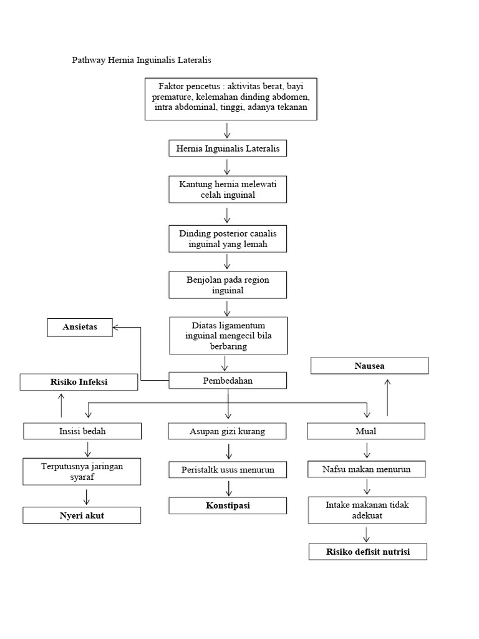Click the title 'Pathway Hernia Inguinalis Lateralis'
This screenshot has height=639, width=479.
tap(142, 61)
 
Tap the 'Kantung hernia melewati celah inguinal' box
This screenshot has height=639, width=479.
tap(228, 189)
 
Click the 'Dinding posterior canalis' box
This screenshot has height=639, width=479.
tap(228, 238)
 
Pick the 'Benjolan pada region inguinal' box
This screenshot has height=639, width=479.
tap(228, 285)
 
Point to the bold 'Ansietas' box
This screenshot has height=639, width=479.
tap(80, 327)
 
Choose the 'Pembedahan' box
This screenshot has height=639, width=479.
tap(228, 381)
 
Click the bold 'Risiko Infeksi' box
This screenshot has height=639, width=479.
tap(79, 382)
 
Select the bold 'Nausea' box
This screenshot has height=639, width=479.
tap(369, 366)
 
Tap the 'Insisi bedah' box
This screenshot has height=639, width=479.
tap(82, 431)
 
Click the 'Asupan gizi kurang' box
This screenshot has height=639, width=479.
tap(228, 431)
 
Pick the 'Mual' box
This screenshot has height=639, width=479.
tap(366, 431)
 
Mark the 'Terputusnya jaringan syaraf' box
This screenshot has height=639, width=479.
tap(82, 471)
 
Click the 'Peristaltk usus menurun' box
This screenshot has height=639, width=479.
tap(228, 469)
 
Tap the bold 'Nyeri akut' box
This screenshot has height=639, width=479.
tap(82, 515)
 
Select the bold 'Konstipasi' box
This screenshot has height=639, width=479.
tap(228, 505)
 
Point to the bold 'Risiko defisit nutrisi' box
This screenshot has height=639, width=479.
tap(368, 552)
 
